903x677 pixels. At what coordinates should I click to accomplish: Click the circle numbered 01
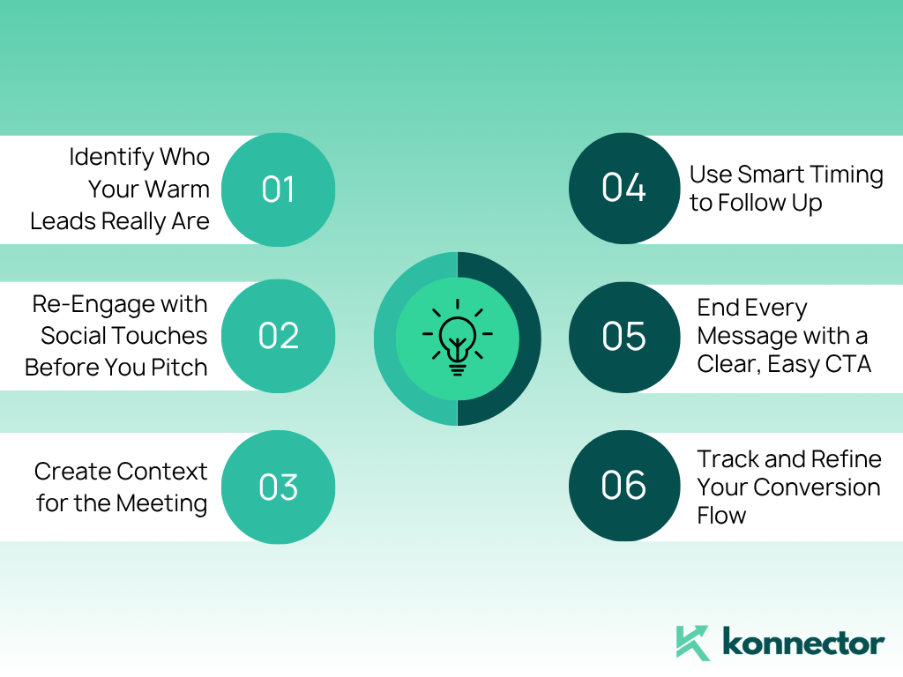pyautogui.click(x=278, y=190)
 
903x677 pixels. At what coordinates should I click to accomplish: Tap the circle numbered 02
pyautogui.click(x=278, y=336)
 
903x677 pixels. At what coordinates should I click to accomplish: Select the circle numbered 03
pyautogui.click(x=278, y=487)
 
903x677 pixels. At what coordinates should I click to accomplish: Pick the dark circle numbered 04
pyautogui.click(x=624, y=189)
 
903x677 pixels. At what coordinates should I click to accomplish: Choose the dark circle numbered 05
pyautogui.click(x=624, y=338)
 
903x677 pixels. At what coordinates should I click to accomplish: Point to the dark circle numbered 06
pyautogui.click(x=624, y=486)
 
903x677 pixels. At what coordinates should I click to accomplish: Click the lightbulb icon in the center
pyautogui.click(x=458, y=338)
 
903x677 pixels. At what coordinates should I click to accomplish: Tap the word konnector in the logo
pyautogui.click(x=803, y=642)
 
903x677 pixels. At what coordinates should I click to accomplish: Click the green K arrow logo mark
pyautogui.click(x=693, y=643)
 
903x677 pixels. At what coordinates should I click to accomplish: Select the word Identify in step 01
pyautogui.click(x=111, y=157)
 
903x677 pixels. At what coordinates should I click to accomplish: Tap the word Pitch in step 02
pyautogui.click(x=179, y=368)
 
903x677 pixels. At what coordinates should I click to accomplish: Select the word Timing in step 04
pyautogui.click(x=847, y=175)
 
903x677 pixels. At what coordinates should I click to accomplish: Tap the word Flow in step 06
pyautogui.click(x=721, y=515)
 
